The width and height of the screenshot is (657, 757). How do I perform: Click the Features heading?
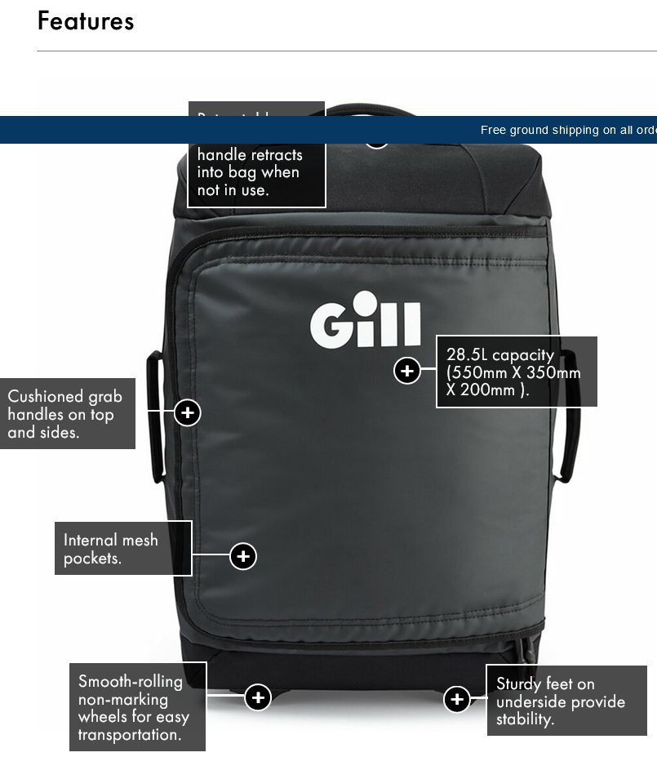[x=86, y=21]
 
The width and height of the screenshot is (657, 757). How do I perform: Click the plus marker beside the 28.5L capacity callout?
[x=406, y=371]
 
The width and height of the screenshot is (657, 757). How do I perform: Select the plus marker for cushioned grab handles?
[x=188, y=412]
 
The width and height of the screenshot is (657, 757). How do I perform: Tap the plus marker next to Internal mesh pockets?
[x=243, y=556]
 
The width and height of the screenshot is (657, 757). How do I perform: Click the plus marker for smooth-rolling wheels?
[x=258, y=697]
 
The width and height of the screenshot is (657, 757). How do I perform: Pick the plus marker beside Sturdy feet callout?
[x=457, y=699]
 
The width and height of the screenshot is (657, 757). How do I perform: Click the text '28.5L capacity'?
[x=500, y=355]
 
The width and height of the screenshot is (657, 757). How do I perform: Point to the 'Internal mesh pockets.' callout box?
[x=123, y=548]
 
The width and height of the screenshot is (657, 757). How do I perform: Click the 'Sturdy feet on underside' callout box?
[x=566, y=701]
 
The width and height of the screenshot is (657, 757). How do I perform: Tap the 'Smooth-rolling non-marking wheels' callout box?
[x=137, y=707]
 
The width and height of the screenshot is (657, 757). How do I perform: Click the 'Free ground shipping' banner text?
[x=568, y=130]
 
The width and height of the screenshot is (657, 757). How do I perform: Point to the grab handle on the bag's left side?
[x=155, y=416]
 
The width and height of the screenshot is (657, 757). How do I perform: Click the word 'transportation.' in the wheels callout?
[x=130, y=734]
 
